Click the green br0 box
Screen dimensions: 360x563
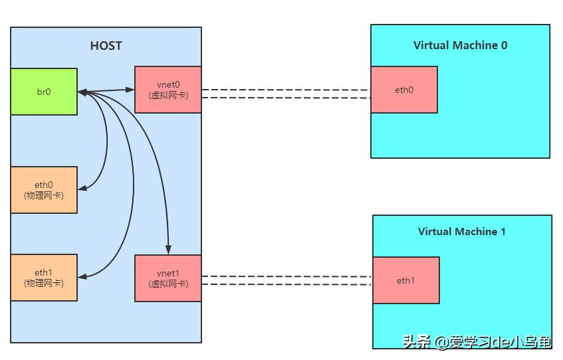pos(44,92)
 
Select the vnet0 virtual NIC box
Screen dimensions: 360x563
pos(168,90)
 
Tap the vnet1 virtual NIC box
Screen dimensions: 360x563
pos(168,278)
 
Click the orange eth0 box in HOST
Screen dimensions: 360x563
pos(44,190)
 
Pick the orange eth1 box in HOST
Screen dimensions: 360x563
pos(44,278)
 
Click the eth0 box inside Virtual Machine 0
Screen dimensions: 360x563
pos(404,90)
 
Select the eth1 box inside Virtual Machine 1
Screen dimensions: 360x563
pos(405,280)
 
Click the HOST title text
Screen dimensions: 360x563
pos(106,46)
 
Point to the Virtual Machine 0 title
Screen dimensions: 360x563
pos(460,45)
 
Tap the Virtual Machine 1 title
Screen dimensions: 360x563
pos(461,232)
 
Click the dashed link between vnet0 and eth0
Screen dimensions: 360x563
pos(286,94)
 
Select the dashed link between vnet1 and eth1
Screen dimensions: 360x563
pos(286,280)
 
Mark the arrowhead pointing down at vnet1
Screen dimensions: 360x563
pos(168,250)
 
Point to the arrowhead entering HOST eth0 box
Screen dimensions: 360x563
pos(82,189)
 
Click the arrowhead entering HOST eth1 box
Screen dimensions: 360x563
pos(82,276)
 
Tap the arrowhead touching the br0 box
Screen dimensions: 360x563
pos(82,92)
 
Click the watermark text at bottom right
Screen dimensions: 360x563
pos(476,342)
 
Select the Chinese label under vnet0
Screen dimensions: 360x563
pos(168,96)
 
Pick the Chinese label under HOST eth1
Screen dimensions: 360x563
pos(44,284)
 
